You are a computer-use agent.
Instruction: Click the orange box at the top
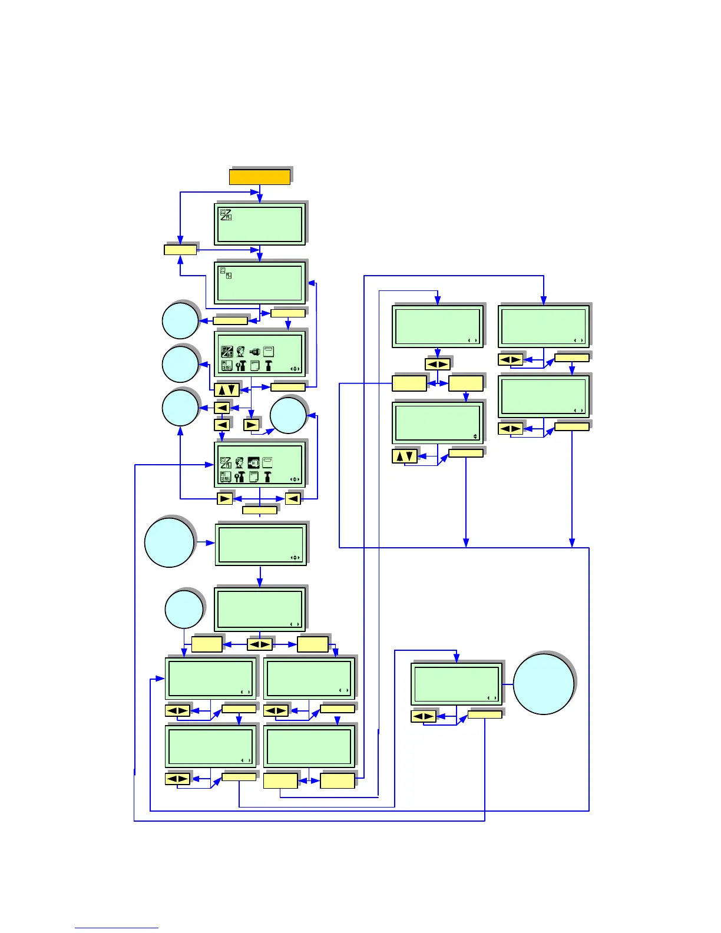click(259, 177)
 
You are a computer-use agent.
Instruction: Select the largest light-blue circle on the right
click(543, 684)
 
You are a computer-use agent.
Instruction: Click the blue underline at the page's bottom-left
click(116, 928)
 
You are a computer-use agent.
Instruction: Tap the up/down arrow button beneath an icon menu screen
click(227, 389)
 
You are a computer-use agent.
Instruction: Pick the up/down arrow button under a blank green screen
click(405, 456)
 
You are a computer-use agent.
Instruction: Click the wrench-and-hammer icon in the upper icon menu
click(240, 366)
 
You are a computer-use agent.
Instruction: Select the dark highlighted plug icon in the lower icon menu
click(254, 463)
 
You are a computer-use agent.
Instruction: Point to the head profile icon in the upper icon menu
click(240, 352)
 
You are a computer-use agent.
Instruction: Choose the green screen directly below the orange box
click(260, 224)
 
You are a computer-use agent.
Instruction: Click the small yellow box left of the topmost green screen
click(180, 250)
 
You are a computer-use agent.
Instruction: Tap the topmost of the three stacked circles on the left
click(180, 321)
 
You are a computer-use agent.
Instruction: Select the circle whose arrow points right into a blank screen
click(169, 542)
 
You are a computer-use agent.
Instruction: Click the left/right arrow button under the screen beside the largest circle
click(423, 716)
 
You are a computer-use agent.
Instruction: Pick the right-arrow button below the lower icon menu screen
click(224, 499)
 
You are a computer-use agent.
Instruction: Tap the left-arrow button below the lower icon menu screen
click(293, 499)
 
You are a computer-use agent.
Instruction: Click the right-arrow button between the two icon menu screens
click(252, 424)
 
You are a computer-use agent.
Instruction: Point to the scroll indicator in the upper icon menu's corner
click(295, 369)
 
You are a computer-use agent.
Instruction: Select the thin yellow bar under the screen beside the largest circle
click(485, 714)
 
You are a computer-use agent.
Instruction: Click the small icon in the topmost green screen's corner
click(226, 215)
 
